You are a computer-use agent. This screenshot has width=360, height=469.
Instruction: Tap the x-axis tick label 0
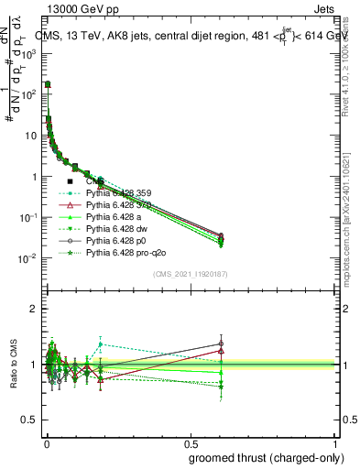click(46, 442)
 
